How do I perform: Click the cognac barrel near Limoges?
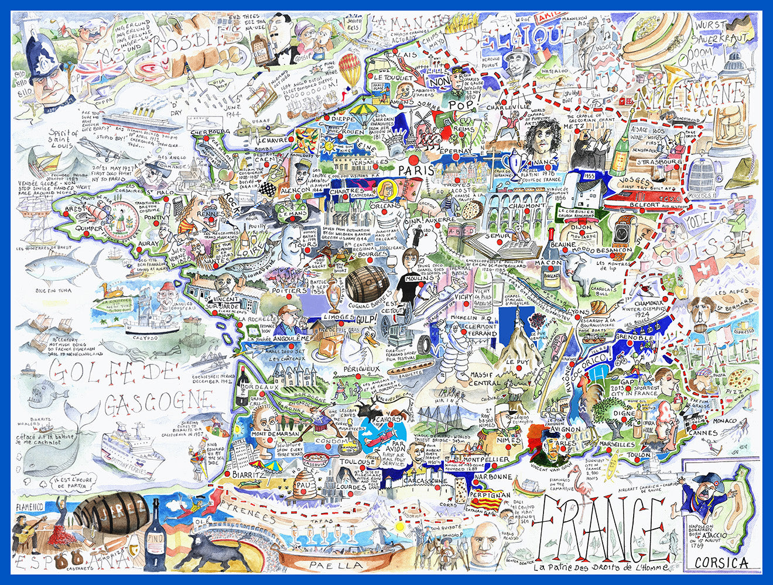(367, 284)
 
